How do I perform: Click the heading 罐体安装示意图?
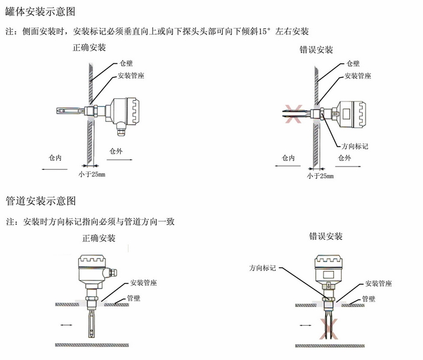[x=40, y=11]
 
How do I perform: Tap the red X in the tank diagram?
[x=291, y=114]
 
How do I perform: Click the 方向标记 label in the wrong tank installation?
[x=355, y=146]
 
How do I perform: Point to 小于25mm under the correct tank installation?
[x=91, y=174]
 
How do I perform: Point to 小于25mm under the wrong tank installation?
[x=320, y=175]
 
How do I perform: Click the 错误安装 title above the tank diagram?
[x=316, y=50]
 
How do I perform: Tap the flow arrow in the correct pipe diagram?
[x=65, y=326]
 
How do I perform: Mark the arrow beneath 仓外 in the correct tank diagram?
[x=118, y=160]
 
